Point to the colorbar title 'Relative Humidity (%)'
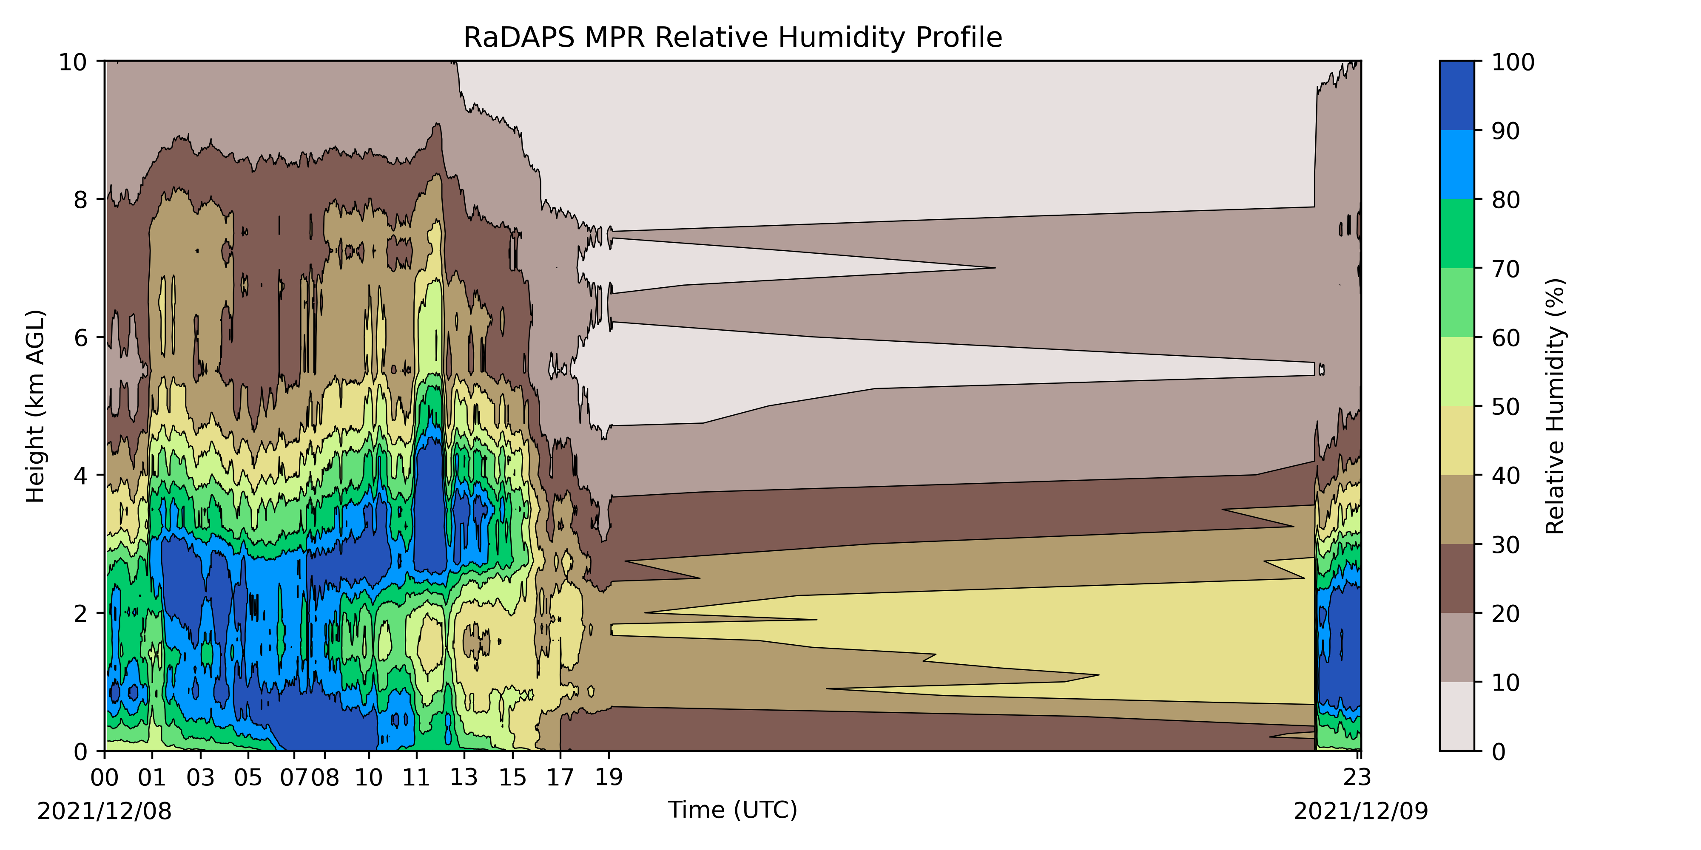click(x=1555, y=406)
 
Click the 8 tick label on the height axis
click(x=80, y=199)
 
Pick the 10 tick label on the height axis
click(x=73, y=62)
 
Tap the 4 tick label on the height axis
click(x=80, y=475)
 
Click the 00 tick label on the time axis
click(x=104, y=777)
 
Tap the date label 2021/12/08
click(x=104, y=811)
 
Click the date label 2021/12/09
click(x=1360, y=811)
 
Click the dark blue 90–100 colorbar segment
click(x=1456, y=96)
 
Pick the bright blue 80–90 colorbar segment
click(x=1456, y=164)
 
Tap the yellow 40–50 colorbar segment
click(x=1456, y=440)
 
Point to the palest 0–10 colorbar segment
click(x=1456, y=716)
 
